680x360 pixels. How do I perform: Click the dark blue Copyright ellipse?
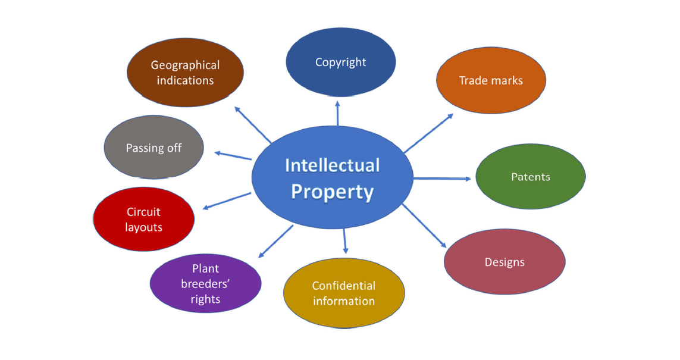coord(340,62)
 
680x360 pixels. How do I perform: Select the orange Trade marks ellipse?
coord(491,80)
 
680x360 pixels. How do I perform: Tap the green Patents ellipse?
coord(530,177)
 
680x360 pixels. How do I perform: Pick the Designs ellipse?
coord(504,262)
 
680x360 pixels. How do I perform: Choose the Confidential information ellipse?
coord(344,293)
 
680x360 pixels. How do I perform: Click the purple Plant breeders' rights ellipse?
coord(205,284)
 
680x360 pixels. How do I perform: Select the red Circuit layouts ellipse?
coord(144,219)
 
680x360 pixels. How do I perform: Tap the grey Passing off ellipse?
coord(153,148)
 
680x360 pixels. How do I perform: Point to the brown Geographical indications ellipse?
coord(185,73)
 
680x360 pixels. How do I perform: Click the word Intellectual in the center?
coord(332,165)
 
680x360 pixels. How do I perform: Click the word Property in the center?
coord(332,192)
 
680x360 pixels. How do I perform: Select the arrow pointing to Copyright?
coord(337,113)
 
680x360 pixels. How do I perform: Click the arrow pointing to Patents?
coord(443,178)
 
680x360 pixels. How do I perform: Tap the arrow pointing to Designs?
coord(424,226)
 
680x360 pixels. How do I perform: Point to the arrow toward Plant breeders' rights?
coord(275,242)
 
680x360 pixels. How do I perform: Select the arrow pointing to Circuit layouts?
coord(227,201)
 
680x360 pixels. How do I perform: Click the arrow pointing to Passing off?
coord(233,156)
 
